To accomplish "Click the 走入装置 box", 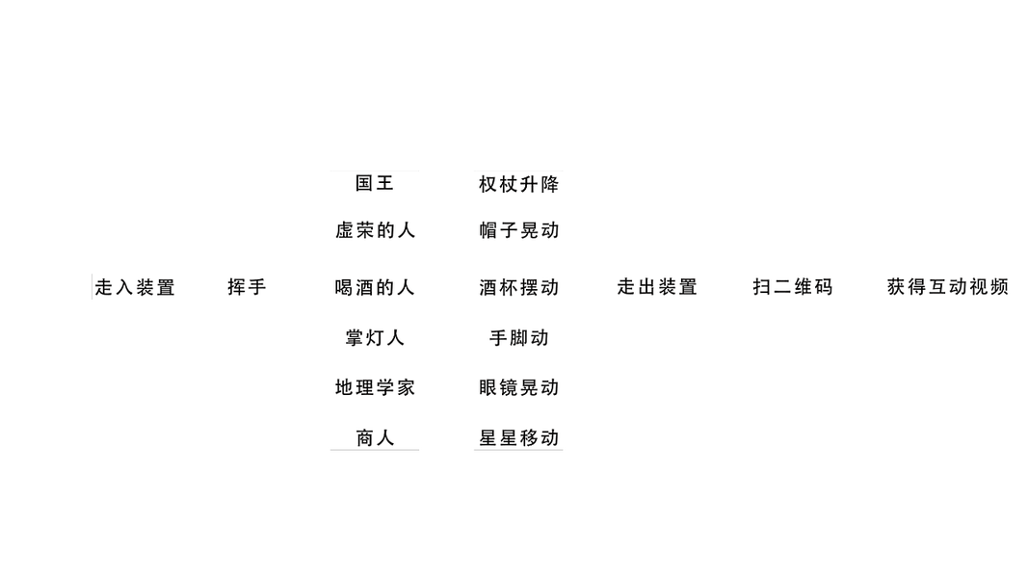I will tap(136, 287).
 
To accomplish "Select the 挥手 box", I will tap(247, 287).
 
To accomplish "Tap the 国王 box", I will tap(375, 183).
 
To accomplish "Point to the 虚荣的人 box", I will tap(375, 230).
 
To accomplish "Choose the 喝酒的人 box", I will tap(375, 287).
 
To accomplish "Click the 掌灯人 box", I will tap(375, 338).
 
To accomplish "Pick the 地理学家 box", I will tap(375, 388).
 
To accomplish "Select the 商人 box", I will tap(375, 437).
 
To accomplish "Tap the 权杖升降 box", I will tap(518, 183).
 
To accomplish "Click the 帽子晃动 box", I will tap(518, 230).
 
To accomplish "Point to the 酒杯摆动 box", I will tap(518, 287).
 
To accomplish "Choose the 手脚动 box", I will tap(518, 338).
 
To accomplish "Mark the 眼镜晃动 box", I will tap(518, 388).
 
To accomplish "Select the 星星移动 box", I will tap(518, 437).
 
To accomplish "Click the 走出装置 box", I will tap(657, 287).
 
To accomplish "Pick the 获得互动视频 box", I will tap(948, 287).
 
